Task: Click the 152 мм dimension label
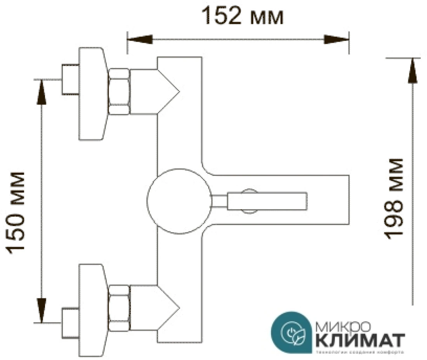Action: [243, 17]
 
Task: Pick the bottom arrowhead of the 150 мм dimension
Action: [41, 309]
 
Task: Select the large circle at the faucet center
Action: [179, 201]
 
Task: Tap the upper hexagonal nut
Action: [119, 92]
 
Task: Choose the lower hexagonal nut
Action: [119, 308]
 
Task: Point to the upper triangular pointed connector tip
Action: [169, 92]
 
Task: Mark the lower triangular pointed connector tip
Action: [169, 308]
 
